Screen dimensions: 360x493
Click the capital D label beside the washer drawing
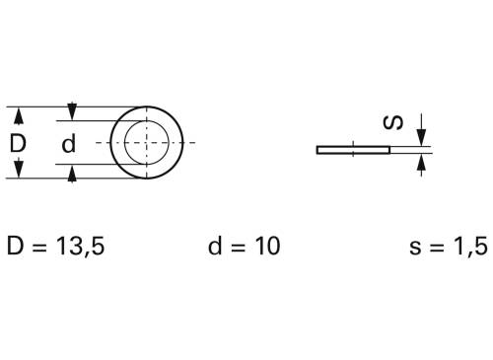18,143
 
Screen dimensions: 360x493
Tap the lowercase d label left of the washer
68,144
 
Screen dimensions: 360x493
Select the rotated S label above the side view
392,122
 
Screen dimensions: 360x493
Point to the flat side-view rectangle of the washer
353,151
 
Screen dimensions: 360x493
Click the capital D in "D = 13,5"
16,246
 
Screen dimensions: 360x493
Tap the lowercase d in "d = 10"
216,246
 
